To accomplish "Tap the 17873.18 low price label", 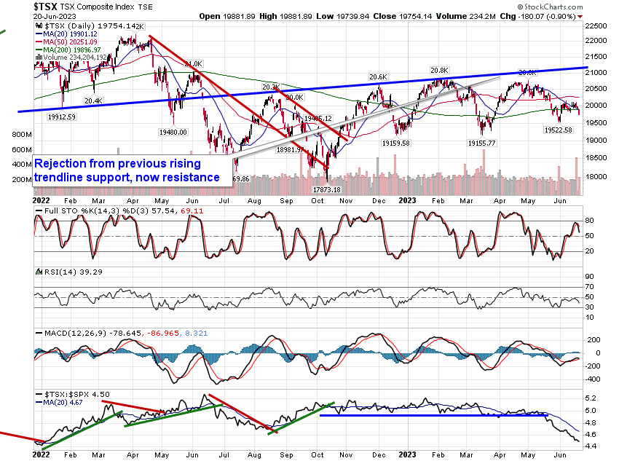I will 327,189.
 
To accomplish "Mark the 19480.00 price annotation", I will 173,133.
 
